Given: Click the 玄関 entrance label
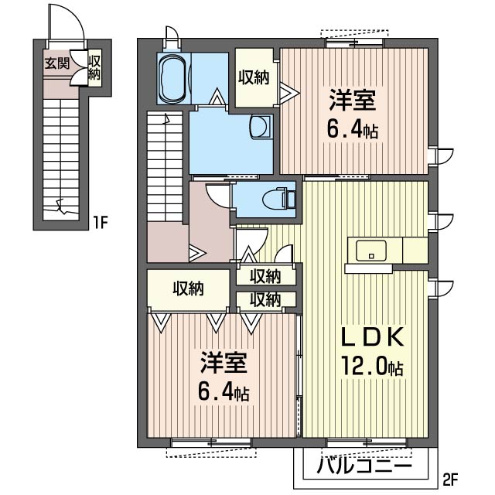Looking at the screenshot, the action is pyautogui.click(x=56, y=63).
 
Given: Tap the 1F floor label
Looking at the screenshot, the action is pyautogui.click(x=101, y=223).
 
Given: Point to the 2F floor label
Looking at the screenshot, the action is pyautogui.click(x=450, y=480).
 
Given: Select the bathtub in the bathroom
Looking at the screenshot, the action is pyautogui.click(x=172, y=78).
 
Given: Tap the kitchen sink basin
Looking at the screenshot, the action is pyautogui.click(x=371, y=251).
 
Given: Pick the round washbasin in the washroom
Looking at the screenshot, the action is pyautogui.click(x=261, y=127).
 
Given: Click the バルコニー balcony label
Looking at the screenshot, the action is pyautogui.click(x=364, y=466).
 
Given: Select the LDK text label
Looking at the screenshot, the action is pyautogui.click(x=373, y=337).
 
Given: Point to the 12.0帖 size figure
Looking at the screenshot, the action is pyautogui.click(x=372, y=366).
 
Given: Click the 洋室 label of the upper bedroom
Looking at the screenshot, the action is pyautogui.click(x=353, y=100).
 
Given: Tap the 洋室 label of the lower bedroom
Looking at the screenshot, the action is pyautogui.click(x=224, y=362).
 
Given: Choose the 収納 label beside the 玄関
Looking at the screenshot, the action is pyautogui.click(x=94, y=67).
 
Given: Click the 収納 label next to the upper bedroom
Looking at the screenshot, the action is pyautogui.click(x=254, y=77).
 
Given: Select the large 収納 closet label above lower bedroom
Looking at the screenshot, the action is pyautogui.click(x=189, y=288).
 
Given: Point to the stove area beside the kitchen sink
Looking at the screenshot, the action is pyautogui.click(x=415, y=250).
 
